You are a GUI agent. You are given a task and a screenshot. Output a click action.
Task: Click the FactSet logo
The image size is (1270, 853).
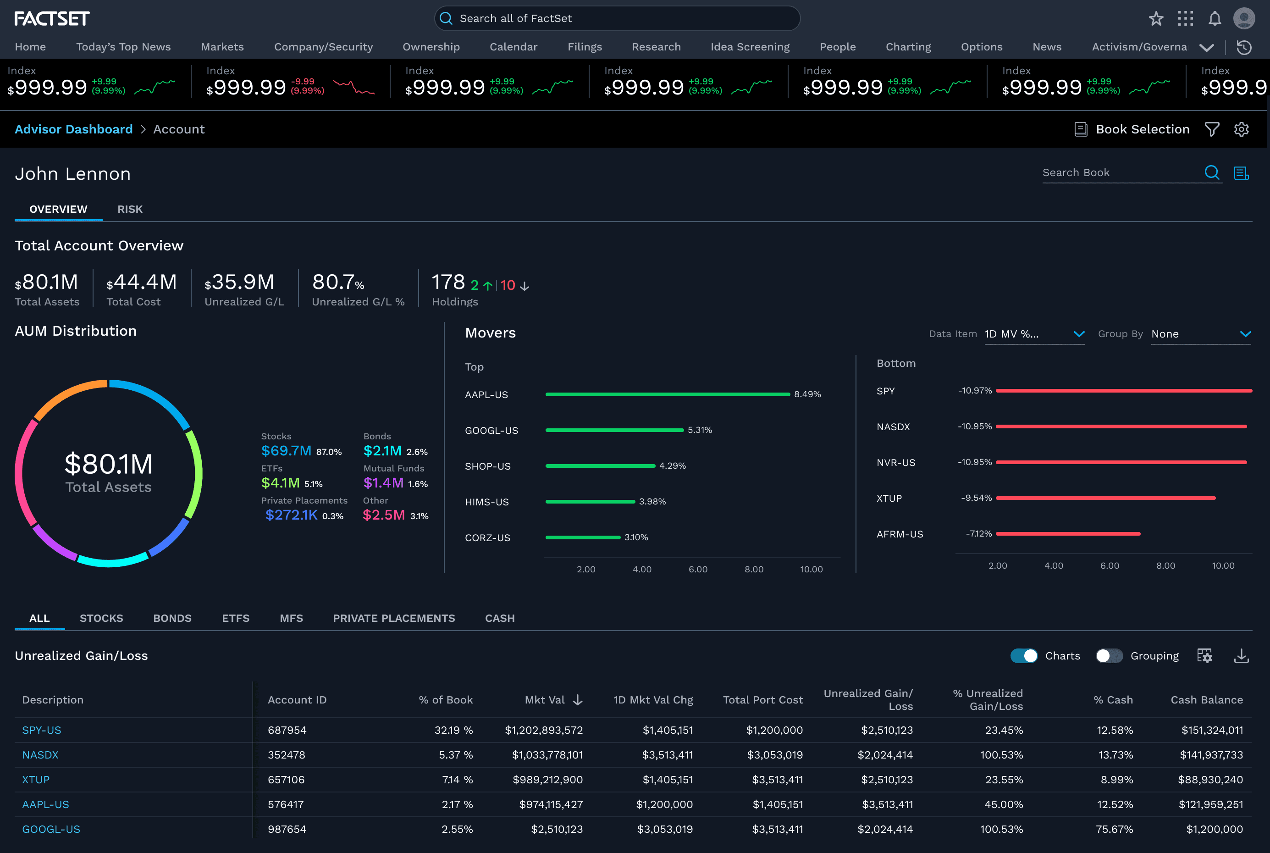pyautogui.click(x=52, y=18)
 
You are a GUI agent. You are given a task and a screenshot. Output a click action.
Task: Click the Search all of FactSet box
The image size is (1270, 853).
pyautogui.click(x=617, y=18)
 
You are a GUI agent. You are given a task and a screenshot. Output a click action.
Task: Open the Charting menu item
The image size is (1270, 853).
pyautogui.click(x=908, y=47)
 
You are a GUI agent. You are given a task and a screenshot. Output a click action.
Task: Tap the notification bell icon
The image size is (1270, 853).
pyautogui.click(x=1215, y=18)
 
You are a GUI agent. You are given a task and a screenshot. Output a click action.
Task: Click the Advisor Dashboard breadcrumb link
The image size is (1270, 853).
pyautogui.click(x=73, y=129)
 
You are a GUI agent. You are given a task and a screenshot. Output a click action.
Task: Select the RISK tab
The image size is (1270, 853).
pyautogui.click(x=130, y=209)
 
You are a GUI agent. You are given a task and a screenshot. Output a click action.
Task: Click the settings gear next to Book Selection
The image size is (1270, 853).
pyautogui.click(x=1241, y=129)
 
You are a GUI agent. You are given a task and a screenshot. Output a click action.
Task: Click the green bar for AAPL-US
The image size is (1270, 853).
pyautogui.click(x=668, y=394)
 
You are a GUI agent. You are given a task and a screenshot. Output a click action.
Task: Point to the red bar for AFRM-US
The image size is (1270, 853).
pyautogui.click(x=1068, y=534)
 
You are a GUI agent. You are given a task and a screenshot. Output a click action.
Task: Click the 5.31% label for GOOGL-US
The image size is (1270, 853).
pyautogui.click(x=700, y=430)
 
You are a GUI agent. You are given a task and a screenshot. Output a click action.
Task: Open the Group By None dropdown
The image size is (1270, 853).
pyautogui.click(x=1201, y=334)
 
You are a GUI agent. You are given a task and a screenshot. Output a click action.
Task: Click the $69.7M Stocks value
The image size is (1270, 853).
pyautogui.click(x=286, y=450)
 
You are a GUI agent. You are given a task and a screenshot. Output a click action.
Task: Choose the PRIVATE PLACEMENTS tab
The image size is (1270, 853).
pyautogui.click(x=394, y=618)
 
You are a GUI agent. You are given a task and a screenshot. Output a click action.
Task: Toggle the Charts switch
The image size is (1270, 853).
pyautogui.click(x=1024, y=655)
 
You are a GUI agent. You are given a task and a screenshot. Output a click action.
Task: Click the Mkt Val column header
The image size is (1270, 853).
pyautogui.click(x=544, y=699)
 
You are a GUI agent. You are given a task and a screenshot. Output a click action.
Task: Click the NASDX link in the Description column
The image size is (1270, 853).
pyautogui.click(x=40, y=754)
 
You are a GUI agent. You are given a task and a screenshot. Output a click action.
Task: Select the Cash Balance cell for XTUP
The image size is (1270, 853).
pyautogui.click(x=1210, y=780)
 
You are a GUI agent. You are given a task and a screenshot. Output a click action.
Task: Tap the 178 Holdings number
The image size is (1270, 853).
pyautogui.click(x=448, y=282)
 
